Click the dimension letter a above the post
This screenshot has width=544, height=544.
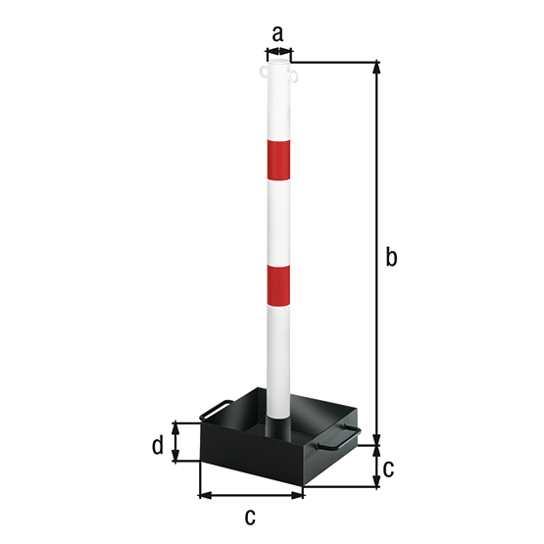click(x=277, y=33)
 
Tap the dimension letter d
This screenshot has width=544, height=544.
click(x=157, y=447)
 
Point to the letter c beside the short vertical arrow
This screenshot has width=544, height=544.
click(x=388, y=468)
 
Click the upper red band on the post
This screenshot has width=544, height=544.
click(x=277, y=160)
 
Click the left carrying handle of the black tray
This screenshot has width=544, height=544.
click(x=215, y=411)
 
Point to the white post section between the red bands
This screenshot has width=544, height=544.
click(x=277, y=221)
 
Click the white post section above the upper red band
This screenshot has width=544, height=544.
click(x=277, y=108)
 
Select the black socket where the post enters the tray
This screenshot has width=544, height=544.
click(x=279, y=429)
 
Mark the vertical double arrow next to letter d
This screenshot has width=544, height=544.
click(x=176, y=442)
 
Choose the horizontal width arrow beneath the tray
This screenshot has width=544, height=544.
click(x=251, y=495)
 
